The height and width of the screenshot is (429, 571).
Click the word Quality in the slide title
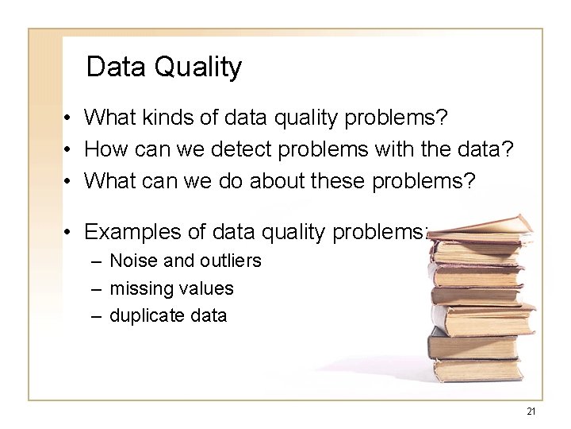coord(198,67)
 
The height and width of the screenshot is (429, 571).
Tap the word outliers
coord(229,261)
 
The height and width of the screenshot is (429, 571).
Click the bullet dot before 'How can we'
coord(70,149)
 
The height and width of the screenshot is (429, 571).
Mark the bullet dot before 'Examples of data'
coord(70,232)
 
